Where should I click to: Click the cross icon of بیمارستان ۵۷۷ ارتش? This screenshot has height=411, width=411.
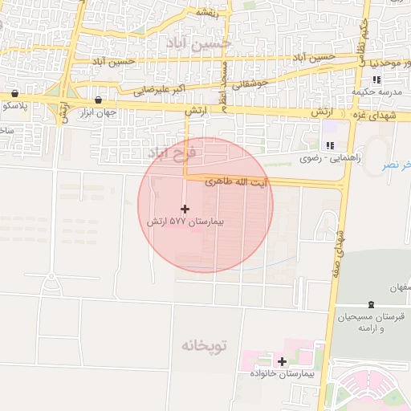coord(185,209)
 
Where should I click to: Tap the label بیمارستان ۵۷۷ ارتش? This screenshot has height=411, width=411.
coord(185,220)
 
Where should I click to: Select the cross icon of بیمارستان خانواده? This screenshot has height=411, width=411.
coord(282,361)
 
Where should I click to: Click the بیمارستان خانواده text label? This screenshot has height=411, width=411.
coord(282,374)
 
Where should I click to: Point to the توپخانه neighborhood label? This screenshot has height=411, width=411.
coord(204,346)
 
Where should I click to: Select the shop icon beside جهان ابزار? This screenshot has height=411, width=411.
coord(98,100)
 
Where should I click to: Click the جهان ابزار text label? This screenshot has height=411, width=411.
coord(98,112)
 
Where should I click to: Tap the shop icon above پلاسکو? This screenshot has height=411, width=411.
coord(14,93)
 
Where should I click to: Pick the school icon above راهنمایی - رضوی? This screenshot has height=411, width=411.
coord(329,145)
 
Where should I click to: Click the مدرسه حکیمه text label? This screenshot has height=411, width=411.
coord(373,92)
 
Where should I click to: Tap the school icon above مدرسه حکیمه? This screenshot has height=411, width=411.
coord(376,79)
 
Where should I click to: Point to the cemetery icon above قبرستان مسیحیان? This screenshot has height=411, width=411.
coord(370,304)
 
